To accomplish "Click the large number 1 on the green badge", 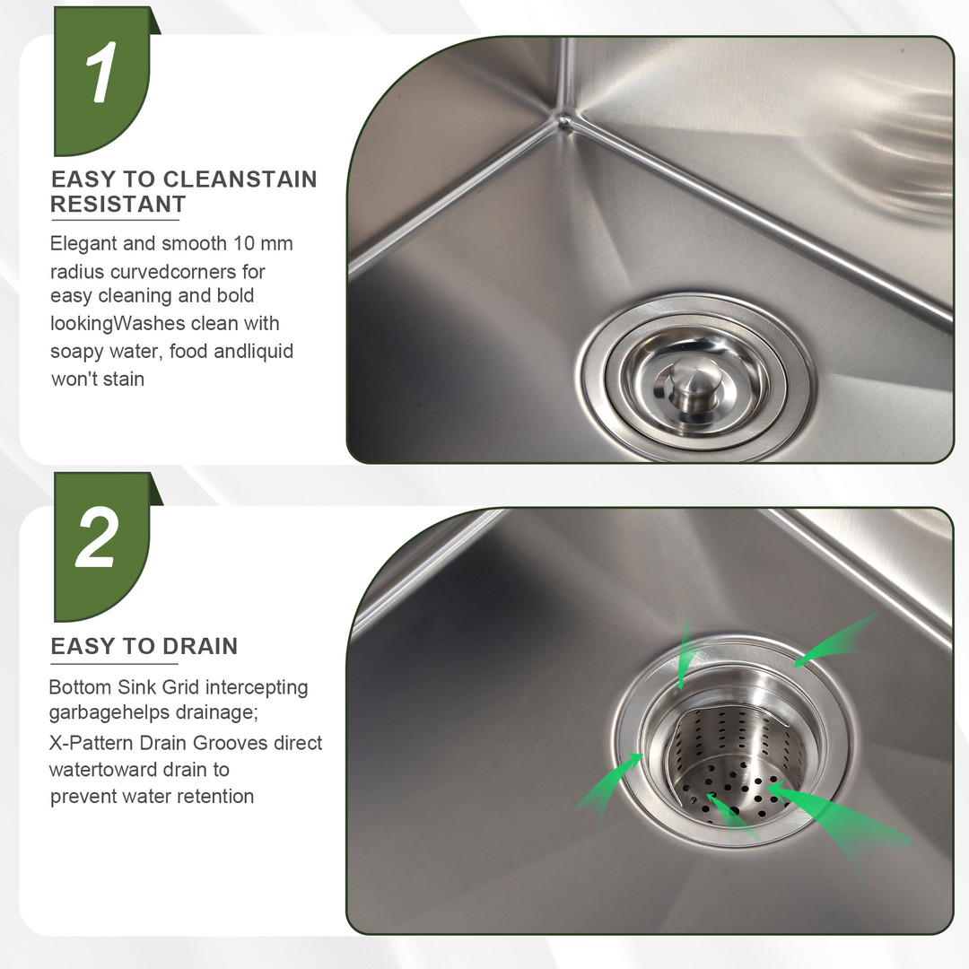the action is click(x=101, y=73).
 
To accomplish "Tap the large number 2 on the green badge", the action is click(x=97, y=537).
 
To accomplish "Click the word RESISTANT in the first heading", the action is click(x=118, y=204).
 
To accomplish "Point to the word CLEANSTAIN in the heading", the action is click(x=240, y=179).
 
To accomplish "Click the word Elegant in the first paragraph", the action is click(x=83, y=244).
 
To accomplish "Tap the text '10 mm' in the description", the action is click(x=263, y=243).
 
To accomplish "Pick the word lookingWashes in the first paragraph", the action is click(x=118, y=324).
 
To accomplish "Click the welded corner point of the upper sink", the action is click(x=563, y=120).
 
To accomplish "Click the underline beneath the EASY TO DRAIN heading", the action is click(x=114, y=664).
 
